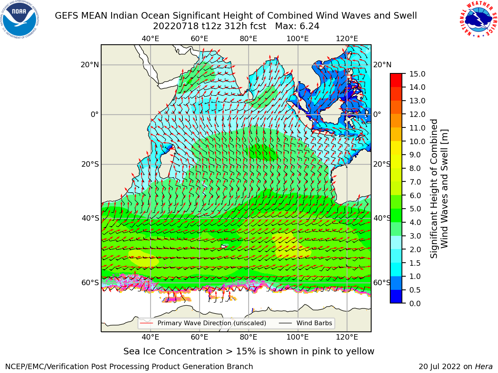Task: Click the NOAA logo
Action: (x=20, y=19)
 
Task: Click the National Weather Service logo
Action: (x=478, y=19)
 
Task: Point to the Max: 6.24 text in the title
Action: (x=297, y=26)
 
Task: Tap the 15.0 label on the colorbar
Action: (x=417, y=74)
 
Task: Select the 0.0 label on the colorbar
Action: (x=415, y=303)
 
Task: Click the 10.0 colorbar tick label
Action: (x=417, y=141)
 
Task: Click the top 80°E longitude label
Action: (x=249, y=39)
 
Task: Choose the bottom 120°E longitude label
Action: (x=347, y=337)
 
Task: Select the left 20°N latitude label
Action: (x=90, y=65)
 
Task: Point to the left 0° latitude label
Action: (x=95, y=114)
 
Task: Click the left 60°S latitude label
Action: (x=90, y=283)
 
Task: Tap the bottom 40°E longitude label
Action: (x=151, y=337)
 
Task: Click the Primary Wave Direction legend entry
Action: (x=203, y=323)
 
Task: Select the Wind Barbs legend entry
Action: (x=305, y=323)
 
